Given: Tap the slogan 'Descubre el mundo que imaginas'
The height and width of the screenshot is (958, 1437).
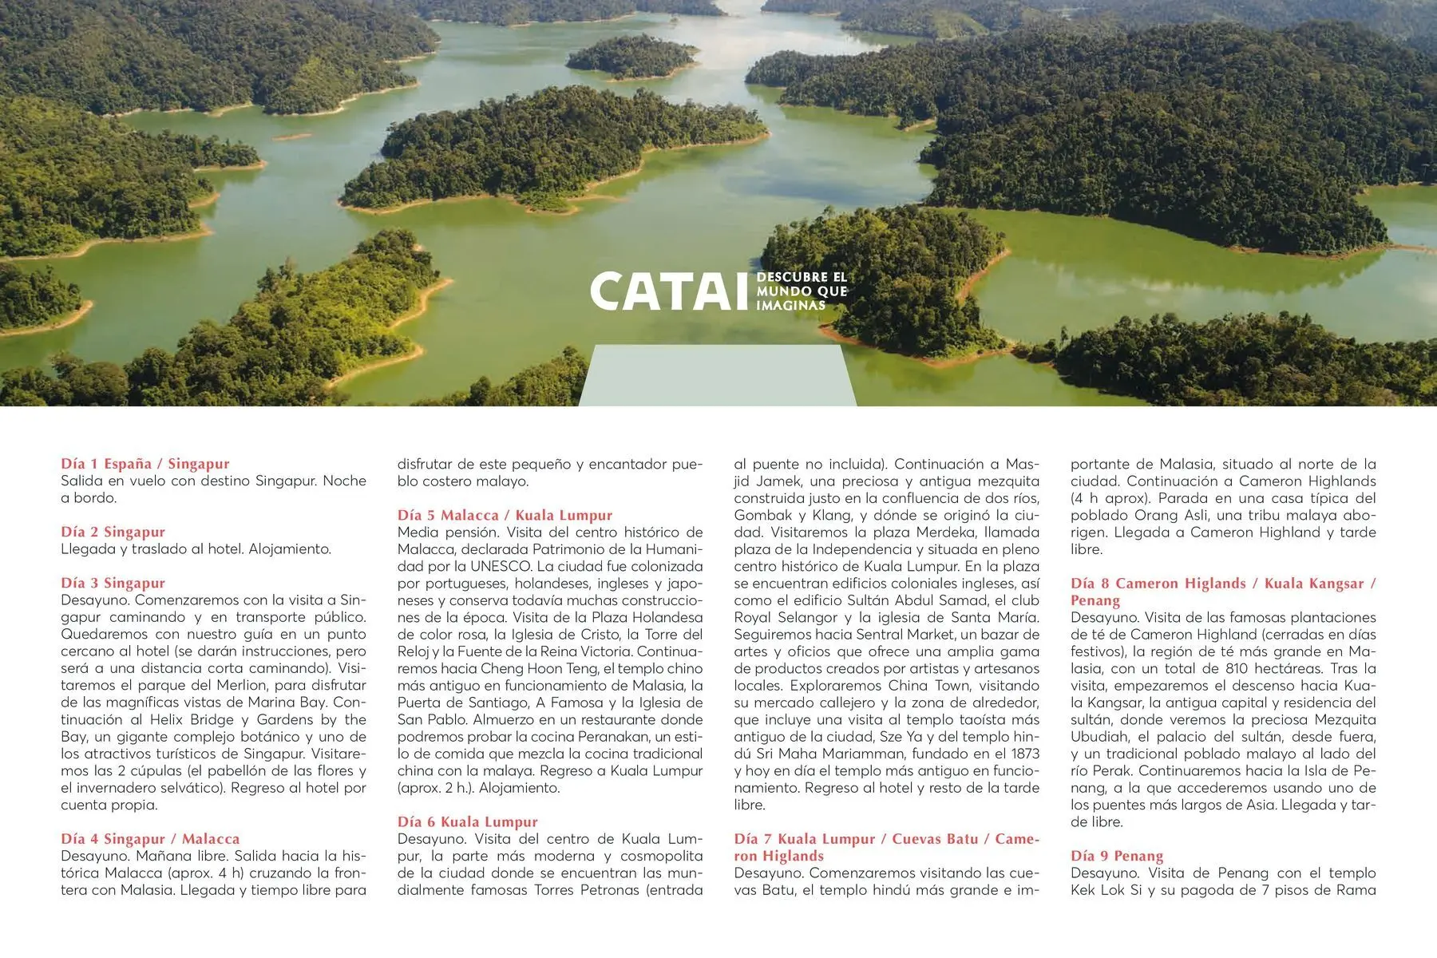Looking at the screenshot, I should click(802, 291).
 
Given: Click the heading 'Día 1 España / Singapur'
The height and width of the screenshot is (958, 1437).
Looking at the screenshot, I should click(145, 464).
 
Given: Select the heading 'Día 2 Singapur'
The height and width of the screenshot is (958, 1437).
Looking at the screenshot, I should click(113, 532).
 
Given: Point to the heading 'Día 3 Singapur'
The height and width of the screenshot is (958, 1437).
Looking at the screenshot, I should click(113, 583).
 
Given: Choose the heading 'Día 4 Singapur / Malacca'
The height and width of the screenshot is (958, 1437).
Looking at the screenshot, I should click(150, 838).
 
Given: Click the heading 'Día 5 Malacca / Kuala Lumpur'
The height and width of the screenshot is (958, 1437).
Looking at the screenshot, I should click(505, 515).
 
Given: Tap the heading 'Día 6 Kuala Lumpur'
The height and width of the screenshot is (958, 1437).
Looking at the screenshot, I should click(468, 821).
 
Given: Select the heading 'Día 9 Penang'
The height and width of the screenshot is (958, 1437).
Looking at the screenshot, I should click(1117, 856).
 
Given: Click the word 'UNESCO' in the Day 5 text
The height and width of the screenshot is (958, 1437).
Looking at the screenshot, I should click(501, 566).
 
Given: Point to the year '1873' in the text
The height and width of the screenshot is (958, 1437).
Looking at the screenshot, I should click(1023, 754).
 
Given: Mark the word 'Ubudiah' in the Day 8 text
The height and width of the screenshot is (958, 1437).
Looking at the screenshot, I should click(1095, 737).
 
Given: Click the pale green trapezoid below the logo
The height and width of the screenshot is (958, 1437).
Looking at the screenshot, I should click(717, 375).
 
